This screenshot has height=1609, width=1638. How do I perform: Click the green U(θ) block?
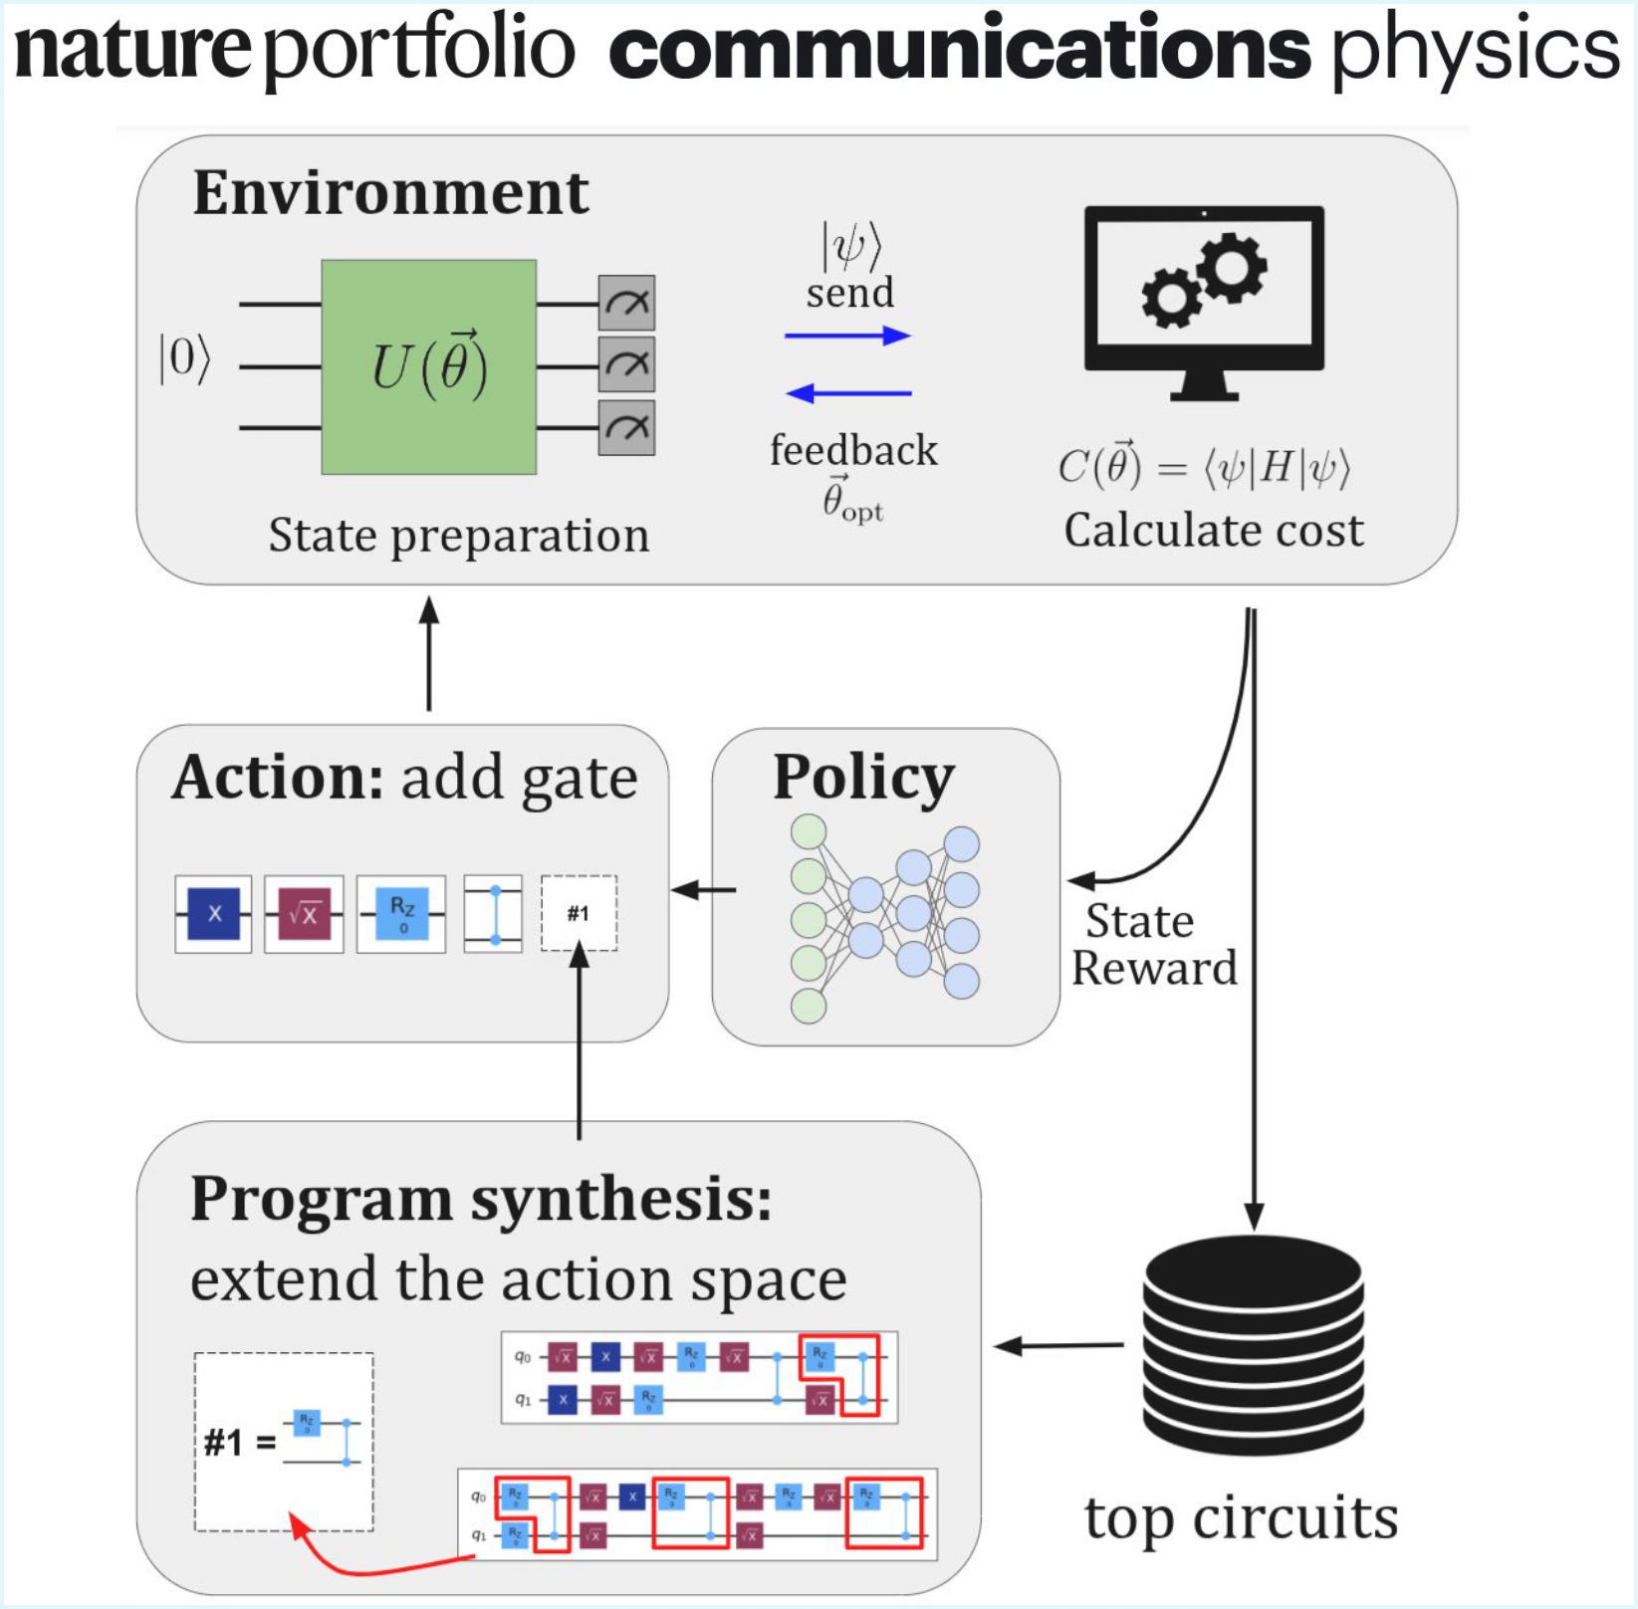pos(428,366)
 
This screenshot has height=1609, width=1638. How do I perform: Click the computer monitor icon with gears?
pos(1204,299)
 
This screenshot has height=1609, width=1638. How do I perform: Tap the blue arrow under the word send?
pos(847,336)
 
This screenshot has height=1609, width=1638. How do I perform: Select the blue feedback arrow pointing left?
pos(848,393)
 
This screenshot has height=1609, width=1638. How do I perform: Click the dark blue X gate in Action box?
pos(214,913)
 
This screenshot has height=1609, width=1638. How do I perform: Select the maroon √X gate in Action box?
pos(304,913)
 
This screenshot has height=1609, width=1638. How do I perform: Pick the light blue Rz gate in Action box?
pos(401,913)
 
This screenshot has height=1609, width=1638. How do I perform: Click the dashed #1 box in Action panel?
pos(579,913)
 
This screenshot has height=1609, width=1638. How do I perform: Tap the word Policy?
pos(862,777)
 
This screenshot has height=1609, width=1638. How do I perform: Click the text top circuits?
pos(1241,1518)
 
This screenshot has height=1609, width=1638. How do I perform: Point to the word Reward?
pos(1154,968)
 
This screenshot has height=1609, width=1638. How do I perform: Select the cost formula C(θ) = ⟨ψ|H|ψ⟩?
pos(1204,467)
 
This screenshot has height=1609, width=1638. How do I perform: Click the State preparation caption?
pos(459,536)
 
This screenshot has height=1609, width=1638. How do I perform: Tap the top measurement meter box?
pos(626,303)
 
